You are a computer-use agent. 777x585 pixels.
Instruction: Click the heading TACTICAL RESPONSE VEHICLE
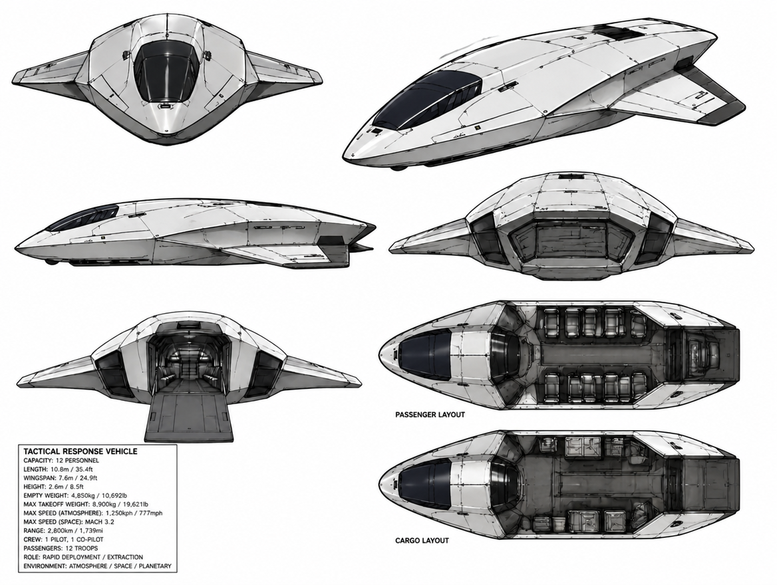click(x=80, y=451)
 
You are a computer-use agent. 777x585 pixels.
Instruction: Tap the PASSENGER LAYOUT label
click(x=430, y=415)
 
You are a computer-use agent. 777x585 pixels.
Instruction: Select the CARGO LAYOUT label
click(x=422, y=540)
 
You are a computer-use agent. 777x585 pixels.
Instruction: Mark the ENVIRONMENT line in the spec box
click(x=97, y=566)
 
